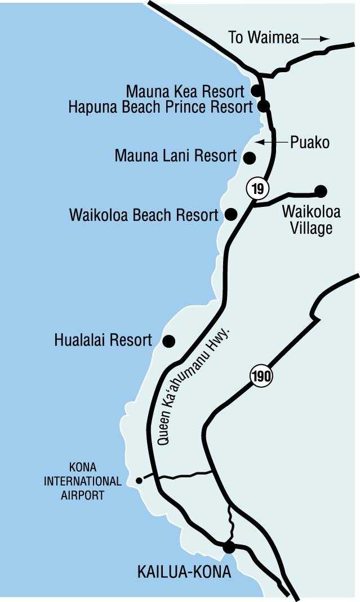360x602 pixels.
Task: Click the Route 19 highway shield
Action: pos(257,188)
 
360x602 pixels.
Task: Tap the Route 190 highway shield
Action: pos(261,377)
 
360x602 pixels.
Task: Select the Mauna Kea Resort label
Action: pos(185,91)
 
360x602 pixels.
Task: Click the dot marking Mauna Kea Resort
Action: pos(256,90)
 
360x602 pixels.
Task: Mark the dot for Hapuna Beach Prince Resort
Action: pos(263,105)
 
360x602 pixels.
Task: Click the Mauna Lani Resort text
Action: pos(175,156)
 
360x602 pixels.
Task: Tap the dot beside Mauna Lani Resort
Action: pos(250,157)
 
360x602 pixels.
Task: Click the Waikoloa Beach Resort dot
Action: pos(230,214)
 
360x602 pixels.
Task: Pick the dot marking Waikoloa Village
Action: pos(321,191)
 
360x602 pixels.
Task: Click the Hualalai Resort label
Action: pos(103,340)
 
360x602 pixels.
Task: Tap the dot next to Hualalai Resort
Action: pos(168,341)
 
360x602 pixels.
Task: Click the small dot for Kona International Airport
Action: pos(139,481)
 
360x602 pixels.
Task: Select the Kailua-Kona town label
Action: pos(184,573)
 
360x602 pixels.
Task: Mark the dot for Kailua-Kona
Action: pos(229,547)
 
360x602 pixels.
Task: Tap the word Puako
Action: pos(309,142)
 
